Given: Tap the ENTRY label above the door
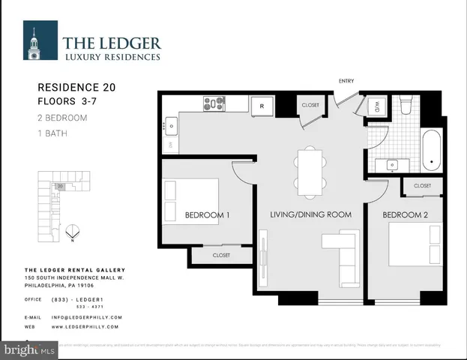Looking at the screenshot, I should (x=346, y=81).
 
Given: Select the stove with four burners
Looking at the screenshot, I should (x=214, y=104).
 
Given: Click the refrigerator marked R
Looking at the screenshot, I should (x=262, y=106).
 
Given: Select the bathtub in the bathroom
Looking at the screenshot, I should (x=431, y=150).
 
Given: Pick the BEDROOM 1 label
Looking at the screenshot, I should (x=207, y=215).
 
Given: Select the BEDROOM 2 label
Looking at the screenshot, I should (x=406, y=215).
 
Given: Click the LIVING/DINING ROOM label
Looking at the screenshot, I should (x=310, y=215).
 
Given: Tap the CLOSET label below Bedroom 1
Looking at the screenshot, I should (x=220, y=255).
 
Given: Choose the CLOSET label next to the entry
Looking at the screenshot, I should (x=310, y=106).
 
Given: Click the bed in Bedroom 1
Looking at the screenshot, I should (x=190, y=199).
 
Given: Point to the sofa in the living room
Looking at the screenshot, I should (x=346, y=259).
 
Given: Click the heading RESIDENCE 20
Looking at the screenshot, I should (x=76, y=87).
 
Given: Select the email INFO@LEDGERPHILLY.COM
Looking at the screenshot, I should (x=86, y=317).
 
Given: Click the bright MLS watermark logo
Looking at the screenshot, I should (x=29, y=350).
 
